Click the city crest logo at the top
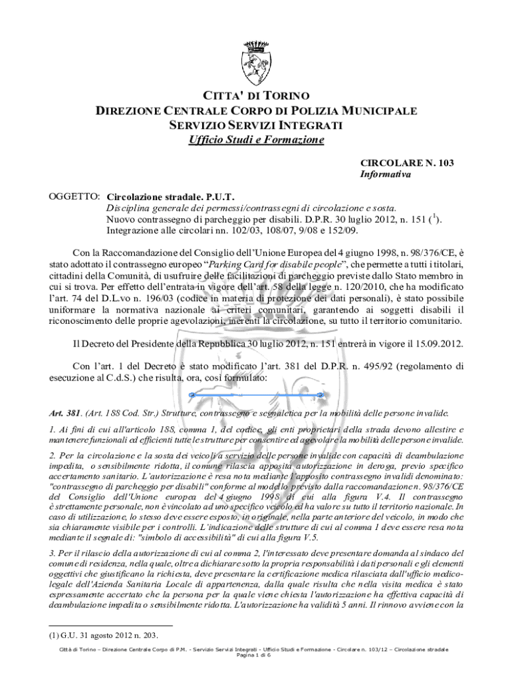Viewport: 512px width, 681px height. [x=256, y=59]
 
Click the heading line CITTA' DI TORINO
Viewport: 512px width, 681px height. [x=256, y=95]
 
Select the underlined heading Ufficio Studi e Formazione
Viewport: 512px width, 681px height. [x=256, y=140]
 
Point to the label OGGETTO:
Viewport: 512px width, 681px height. [x=74, y=197]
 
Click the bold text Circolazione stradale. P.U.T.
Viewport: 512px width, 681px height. [x=170, y=197]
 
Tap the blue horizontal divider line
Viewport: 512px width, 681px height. [x=257, y=394]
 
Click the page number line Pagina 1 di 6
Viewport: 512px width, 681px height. [x=255, y=655]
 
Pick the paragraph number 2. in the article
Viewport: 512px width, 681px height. [x=53, y=455]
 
